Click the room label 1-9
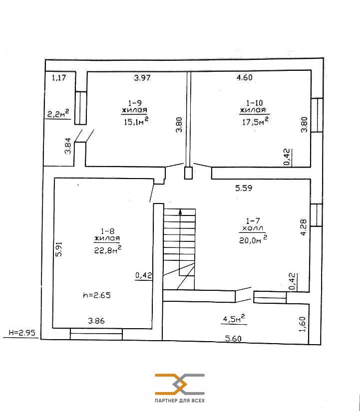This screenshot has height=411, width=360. point(135,102)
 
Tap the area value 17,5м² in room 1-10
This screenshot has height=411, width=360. point(255,121)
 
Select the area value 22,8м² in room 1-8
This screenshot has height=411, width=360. point(107,250)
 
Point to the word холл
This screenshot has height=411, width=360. point(253,228)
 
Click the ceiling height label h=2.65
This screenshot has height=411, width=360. point(97,295)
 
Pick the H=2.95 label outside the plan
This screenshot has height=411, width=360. point(22,332)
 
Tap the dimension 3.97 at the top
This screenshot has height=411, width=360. point(142,78)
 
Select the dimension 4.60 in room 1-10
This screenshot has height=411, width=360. point(245,77)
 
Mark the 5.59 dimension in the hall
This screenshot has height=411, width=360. point(244,188)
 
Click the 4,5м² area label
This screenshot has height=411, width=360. point(234,319)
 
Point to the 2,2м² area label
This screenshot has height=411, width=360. point(58,114)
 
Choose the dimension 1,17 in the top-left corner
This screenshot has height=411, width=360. point(59,78)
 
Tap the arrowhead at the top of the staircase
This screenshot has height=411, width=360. point(180,211)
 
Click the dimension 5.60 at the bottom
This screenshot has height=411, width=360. point(233,339)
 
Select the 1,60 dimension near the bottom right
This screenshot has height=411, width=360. point(303,324)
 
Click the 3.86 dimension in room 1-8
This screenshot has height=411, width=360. point(96,321)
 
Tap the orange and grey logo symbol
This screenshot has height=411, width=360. point(180,384)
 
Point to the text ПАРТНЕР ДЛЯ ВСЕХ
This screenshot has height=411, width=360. point(180,401)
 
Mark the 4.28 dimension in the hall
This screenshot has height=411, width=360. point(303,227)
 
